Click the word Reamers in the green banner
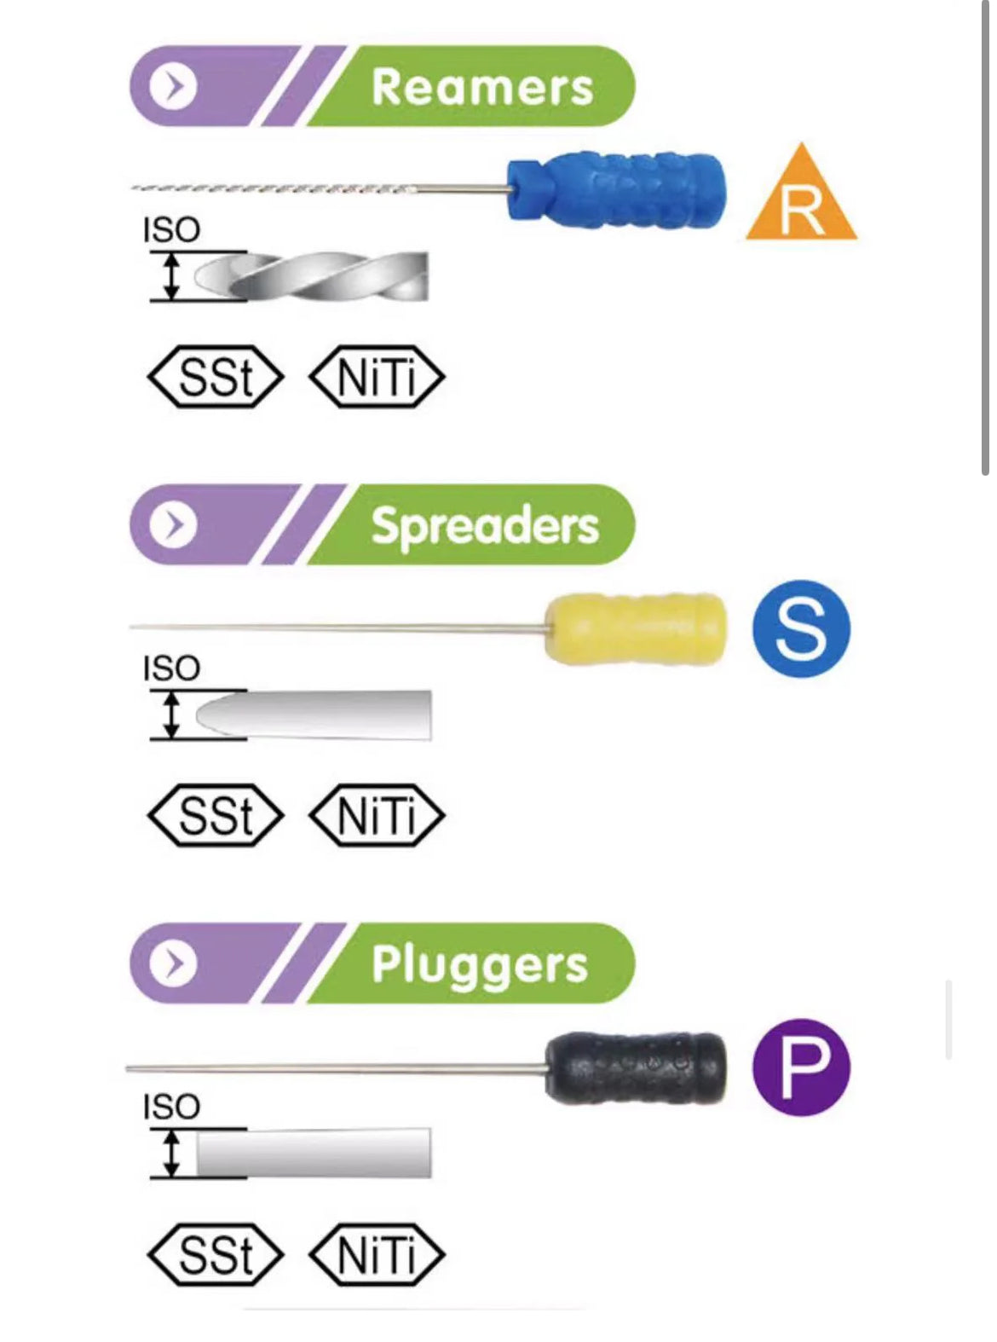click(x=482, y=87)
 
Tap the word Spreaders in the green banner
click(x=485, y=525)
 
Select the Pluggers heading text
click(x=480, y=964)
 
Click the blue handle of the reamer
click(x=617, y=190)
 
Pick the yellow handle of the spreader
click(x=636, y=628)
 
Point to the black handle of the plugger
click(x=636, y=1067)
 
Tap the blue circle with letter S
click(x=801, y=629)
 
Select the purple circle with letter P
click(x=801, y=1067)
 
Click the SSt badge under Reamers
click(x=216, y=377)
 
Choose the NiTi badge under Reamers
click(x=377, y=377)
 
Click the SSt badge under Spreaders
click(x=216, y=815)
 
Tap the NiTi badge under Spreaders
click(x=377, y=815)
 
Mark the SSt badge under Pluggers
click(x=216, y=1254)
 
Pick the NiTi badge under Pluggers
click(x=377, y=1254)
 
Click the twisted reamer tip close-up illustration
click(x=312, y=276)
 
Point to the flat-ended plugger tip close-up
click(x=314, y=1153)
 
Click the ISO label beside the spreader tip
click(x=171, y=668)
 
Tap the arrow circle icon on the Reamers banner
click(x=173, y=86)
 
